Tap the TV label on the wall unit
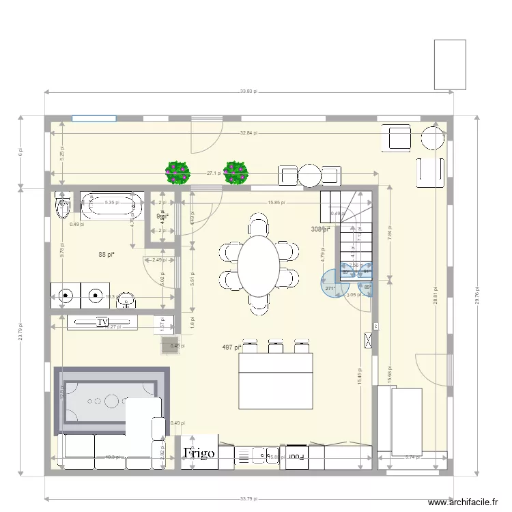tap(103, 322)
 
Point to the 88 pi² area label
tap(106, 255)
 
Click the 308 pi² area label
tap(320, 229)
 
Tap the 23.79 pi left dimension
tap(21, 332)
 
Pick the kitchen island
tap(275, 381)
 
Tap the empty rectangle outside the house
tap(450, 64)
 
